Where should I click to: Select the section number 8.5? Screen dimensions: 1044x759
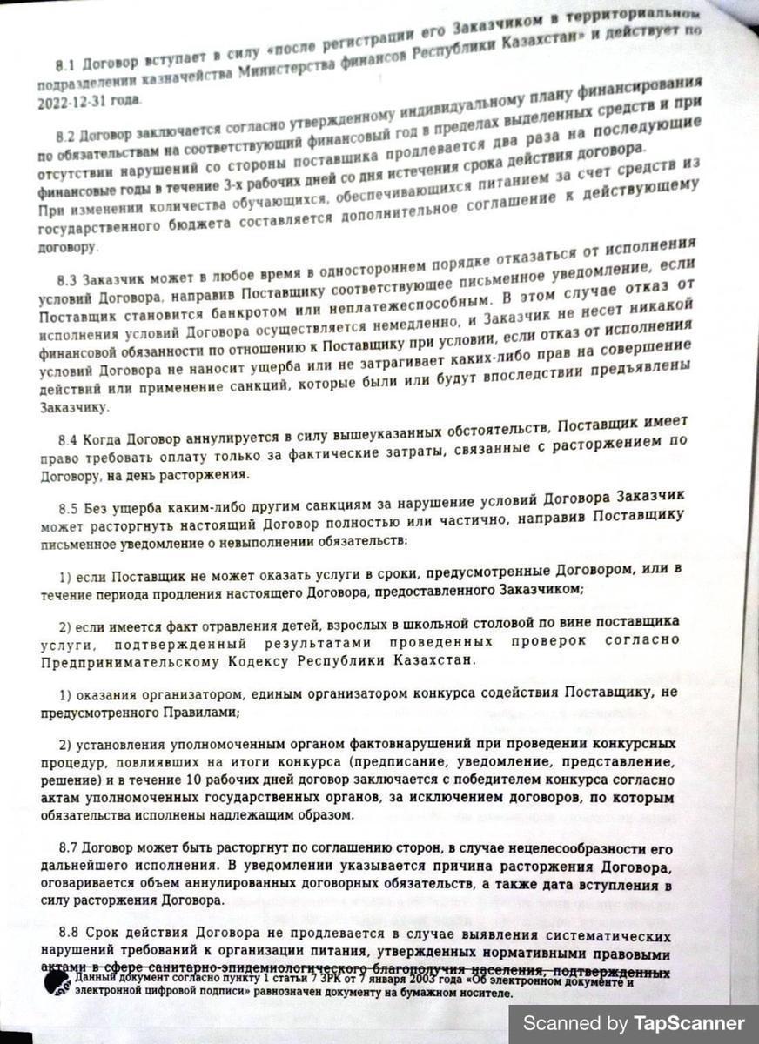tap(70, 505)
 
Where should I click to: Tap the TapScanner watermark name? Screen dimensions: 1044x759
tap(689, 1023)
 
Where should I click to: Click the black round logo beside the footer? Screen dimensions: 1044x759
tap(59, 984)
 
